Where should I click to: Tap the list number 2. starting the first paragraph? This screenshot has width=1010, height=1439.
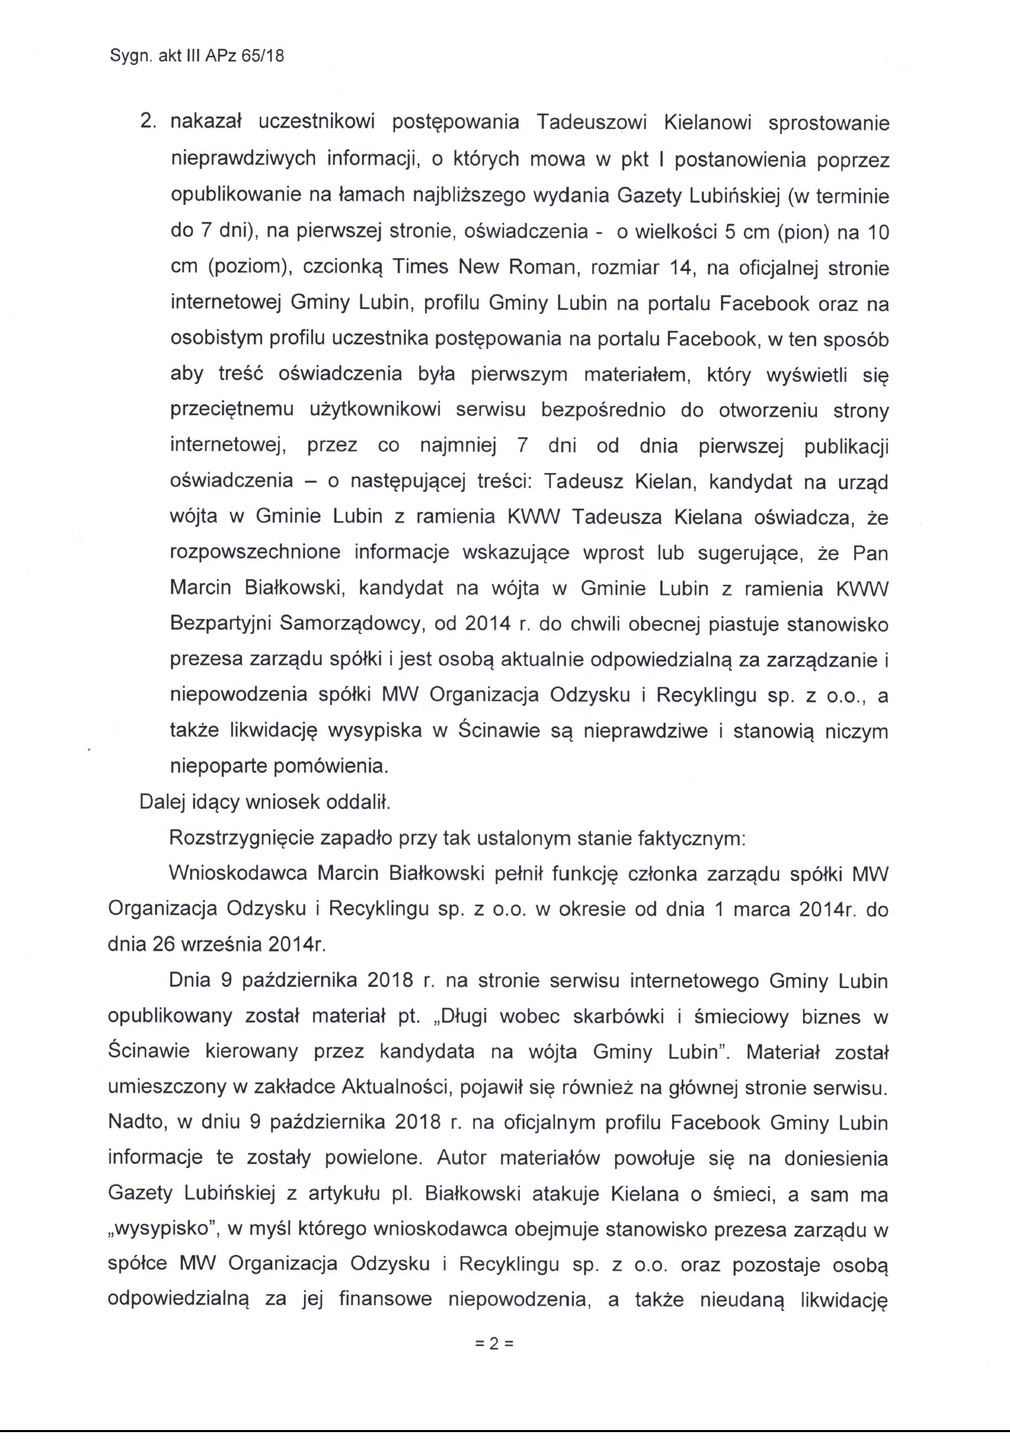click(x=149, y=123)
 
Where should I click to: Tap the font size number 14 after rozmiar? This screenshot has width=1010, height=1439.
click(x=681, y=267)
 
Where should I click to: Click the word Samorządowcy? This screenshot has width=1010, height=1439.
click(x=355, y=624)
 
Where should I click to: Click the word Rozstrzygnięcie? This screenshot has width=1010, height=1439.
click(x=245, y=838)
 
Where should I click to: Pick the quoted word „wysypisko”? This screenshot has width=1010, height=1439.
click(x=160, y=1229)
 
